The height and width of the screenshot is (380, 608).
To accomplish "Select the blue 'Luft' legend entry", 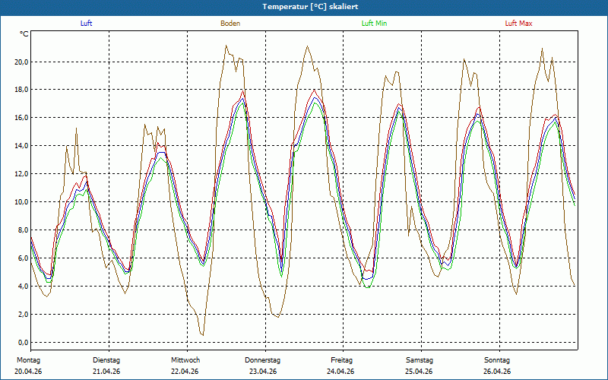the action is pyautogui.click(x=86, y=24).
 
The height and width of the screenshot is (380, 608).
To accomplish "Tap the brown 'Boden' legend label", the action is pyautogui.click(x=230, y=24).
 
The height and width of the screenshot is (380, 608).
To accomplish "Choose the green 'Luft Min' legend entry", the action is pyautogui.click(x=374, y=24).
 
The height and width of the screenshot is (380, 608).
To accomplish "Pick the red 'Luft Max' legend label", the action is pyautogui.click(x=518, y=24).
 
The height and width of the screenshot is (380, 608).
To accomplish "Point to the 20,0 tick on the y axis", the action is pyautogui.click(x=21, y=62).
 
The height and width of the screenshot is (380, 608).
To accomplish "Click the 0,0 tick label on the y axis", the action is pyautogui.click(x=23, y=343).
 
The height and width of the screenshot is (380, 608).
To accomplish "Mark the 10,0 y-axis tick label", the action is pyautogui.click(x=21, y=202).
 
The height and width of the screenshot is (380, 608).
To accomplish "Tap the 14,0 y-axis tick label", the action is pyautogui.click(x=21, y=146).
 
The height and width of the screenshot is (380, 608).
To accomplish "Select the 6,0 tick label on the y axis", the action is pyautogui.click(x=23, y=258).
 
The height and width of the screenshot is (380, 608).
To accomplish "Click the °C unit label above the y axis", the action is pyautogui.click(x=24, y=34).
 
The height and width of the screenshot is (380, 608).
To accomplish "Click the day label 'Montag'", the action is pyautogui.click(x=28, y=360).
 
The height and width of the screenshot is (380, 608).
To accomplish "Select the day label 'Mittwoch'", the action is pyautogui.click(x=185, y=360).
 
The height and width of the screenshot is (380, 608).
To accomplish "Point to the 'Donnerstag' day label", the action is pyautogui.click(x=262, y=360).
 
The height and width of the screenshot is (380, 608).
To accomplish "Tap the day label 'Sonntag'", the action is pyautogui.click(x=497, y=360).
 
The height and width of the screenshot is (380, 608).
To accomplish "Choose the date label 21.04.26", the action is pyautogui.click(x=106, y=372).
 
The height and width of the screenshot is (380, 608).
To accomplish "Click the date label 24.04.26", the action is pyautogui.click(x=340, y=372).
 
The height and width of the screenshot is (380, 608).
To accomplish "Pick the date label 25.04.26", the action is pyautogui.click(x=419, y=372).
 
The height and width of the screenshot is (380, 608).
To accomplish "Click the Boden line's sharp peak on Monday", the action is pyautogui.click(x=76, y=128).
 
